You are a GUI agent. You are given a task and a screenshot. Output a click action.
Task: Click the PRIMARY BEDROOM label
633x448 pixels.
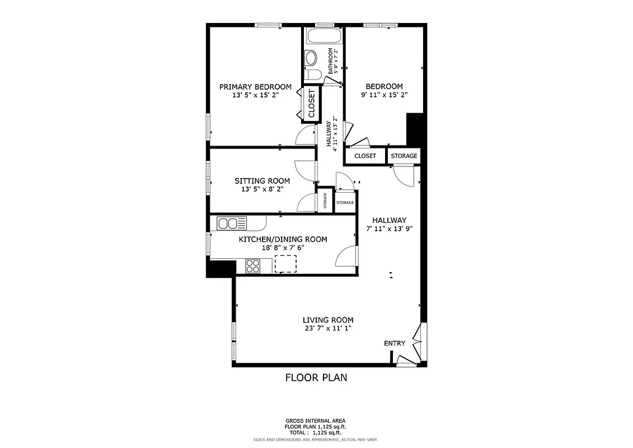pyautogui.click(x=255, y=87)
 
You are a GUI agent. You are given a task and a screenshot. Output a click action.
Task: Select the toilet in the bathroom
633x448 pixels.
pyautogui.click(x=311, y=58)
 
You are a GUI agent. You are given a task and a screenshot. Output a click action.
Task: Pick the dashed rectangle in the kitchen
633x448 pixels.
pyautogui.click(x=285, y=264)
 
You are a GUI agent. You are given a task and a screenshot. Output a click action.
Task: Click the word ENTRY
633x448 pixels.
pyautogui.click(x=395, y=343)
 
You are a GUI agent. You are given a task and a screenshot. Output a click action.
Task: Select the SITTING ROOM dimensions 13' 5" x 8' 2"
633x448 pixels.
pyautogui.click(x=262, y=189)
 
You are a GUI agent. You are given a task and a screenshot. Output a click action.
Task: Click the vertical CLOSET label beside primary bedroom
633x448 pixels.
pyautogui.click(x=312, y=104)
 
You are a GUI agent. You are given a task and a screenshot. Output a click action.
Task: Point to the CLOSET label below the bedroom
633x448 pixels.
pyautogui.click(x=365, y=156)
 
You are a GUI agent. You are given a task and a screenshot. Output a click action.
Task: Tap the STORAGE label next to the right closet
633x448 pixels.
pyautogui.click(x=404, y=156)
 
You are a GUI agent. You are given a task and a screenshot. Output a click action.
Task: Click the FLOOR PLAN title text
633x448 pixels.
pyautogui.click(x=316, y=377)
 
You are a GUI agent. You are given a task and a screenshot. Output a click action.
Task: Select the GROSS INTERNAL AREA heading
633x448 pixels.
pyautogui.click(x=316, y=421)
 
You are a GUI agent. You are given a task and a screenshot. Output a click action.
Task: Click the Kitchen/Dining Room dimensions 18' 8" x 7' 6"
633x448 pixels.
pyautogui.click(x=283, y=248)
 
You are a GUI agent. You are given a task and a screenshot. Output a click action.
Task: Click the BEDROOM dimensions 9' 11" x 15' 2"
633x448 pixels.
pyautogui.click(x=384, y=95)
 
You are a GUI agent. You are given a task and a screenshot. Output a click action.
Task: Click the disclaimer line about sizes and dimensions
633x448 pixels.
pyautogui.click(x=316, y=440)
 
